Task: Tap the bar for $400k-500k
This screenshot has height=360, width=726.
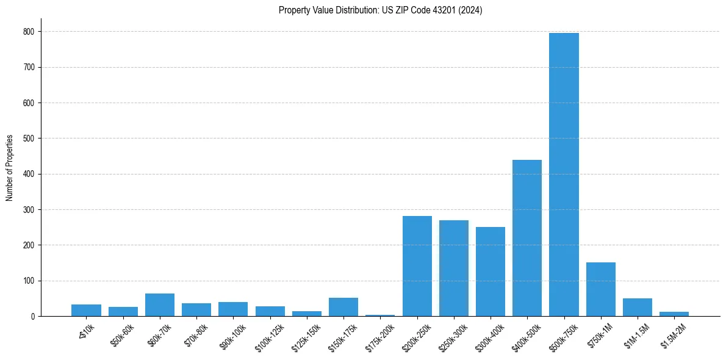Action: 527,238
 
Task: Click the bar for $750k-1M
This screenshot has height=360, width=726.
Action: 601,289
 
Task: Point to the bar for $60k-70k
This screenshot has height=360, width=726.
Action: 160,305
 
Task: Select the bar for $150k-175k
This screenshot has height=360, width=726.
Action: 343,307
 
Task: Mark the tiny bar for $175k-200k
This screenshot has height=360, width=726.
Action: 380,315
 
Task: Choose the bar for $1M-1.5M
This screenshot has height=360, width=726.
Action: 638,307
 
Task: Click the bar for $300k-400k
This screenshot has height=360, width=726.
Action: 491,272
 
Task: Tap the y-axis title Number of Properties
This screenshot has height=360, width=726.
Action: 10,168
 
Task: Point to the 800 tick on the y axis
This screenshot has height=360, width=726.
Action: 29,32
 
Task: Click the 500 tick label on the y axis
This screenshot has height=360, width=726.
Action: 29,139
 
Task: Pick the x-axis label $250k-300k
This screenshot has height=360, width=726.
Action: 452,334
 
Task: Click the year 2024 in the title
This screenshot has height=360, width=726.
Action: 472,10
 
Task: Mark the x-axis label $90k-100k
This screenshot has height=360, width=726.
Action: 232,334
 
